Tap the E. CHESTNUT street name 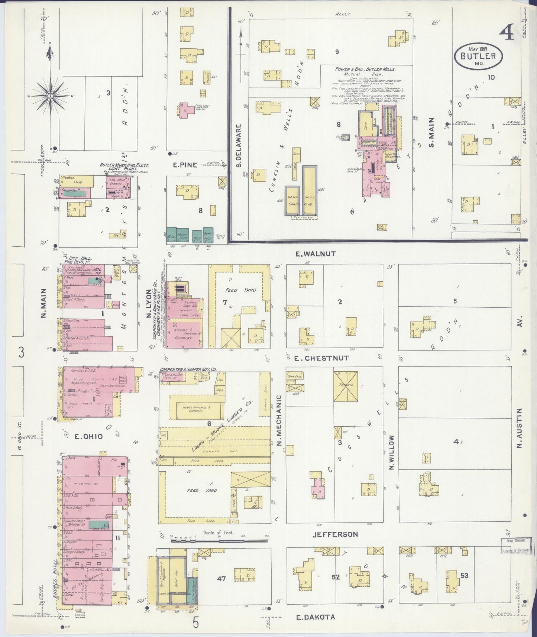321,358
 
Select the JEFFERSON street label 335,534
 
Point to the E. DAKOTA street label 316,617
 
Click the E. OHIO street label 88,437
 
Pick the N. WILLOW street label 391,452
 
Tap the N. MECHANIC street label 280,420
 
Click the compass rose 50,96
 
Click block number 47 221,578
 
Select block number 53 464,576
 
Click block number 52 336,577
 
